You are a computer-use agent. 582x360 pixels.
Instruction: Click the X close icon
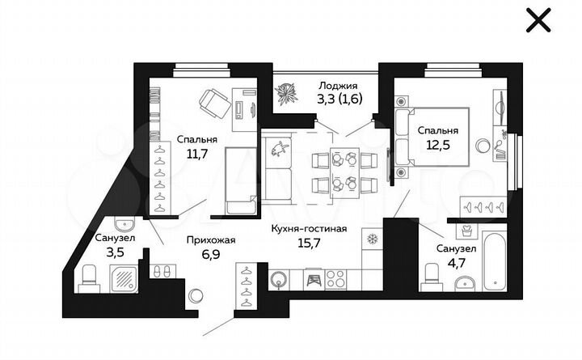click(x=538, y=20)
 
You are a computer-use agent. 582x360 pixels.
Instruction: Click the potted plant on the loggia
click(x=286, y=96)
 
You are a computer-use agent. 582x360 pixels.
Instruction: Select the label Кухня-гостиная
click(x=309, y=229)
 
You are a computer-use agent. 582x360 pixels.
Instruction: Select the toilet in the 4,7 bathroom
click(x=431, y=279)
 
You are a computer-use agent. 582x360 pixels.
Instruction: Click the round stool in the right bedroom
click(x=483, y=146)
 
